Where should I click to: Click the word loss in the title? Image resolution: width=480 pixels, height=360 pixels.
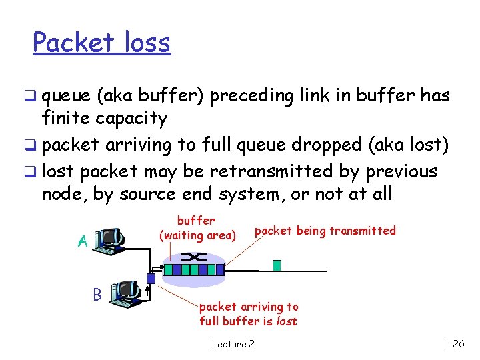click(145, 43)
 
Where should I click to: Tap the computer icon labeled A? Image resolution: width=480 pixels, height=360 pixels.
click(109, 239)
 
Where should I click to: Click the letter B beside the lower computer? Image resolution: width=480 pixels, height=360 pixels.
click(97, 294)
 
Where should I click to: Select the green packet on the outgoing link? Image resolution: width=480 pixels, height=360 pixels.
click(277, 265)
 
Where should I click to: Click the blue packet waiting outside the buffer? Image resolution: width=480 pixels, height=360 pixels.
click(151, 279)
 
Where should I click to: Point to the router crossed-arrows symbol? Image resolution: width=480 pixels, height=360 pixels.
click(193, 257)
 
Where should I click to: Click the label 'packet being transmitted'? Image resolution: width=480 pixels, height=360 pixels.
click(325, 231)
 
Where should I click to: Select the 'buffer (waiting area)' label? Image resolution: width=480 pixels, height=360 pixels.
click(197, 228)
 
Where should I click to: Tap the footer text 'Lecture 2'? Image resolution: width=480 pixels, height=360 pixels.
click(233, 344)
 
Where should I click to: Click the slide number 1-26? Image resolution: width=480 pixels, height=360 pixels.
click(455, 344)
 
